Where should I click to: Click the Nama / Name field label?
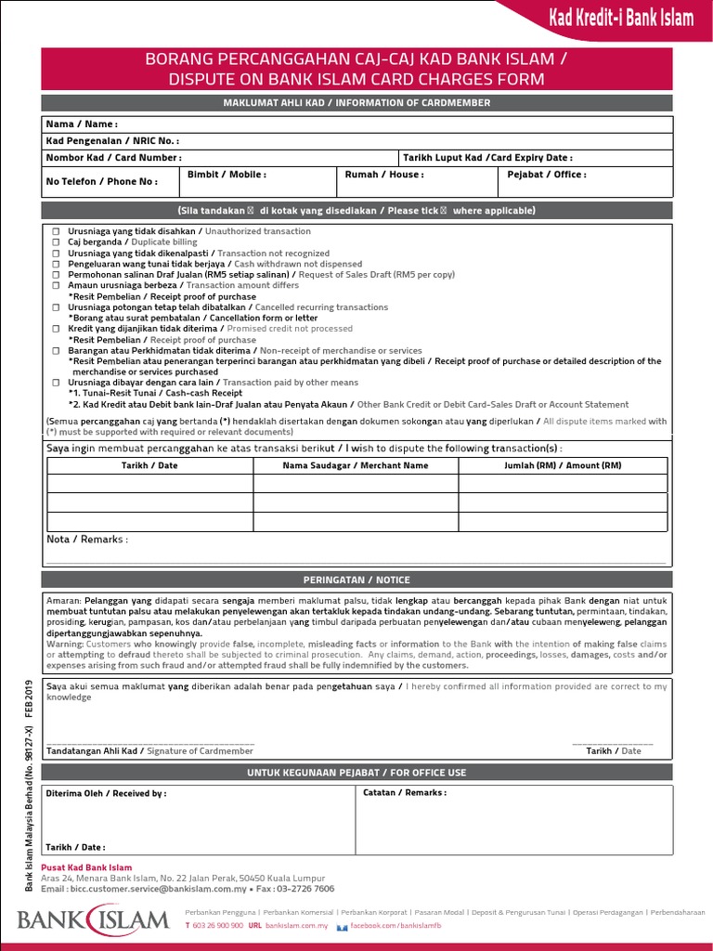tap(82, 124)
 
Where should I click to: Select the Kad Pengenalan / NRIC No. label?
tap(112, 141)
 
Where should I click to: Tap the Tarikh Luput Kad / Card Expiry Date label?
tap(486, 158)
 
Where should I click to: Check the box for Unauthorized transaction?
tap(57, 231)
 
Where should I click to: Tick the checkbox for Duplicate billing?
tap(57, 242)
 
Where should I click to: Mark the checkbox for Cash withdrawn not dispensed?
tap(57, 264)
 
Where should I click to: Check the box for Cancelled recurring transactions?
tap(57, 307)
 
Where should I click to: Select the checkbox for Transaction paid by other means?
tap(57, 383)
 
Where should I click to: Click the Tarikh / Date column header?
tap(149, 465)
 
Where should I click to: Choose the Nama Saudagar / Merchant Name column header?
tap(356, 465)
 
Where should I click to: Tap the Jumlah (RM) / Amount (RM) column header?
tap(563, 465)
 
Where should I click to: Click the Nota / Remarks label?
tap(87, 540)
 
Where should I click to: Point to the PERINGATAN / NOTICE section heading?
tap(356, 580)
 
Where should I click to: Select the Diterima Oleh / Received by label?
tap(107, 794)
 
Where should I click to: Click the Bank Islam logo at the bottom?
tap(93, 920)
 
